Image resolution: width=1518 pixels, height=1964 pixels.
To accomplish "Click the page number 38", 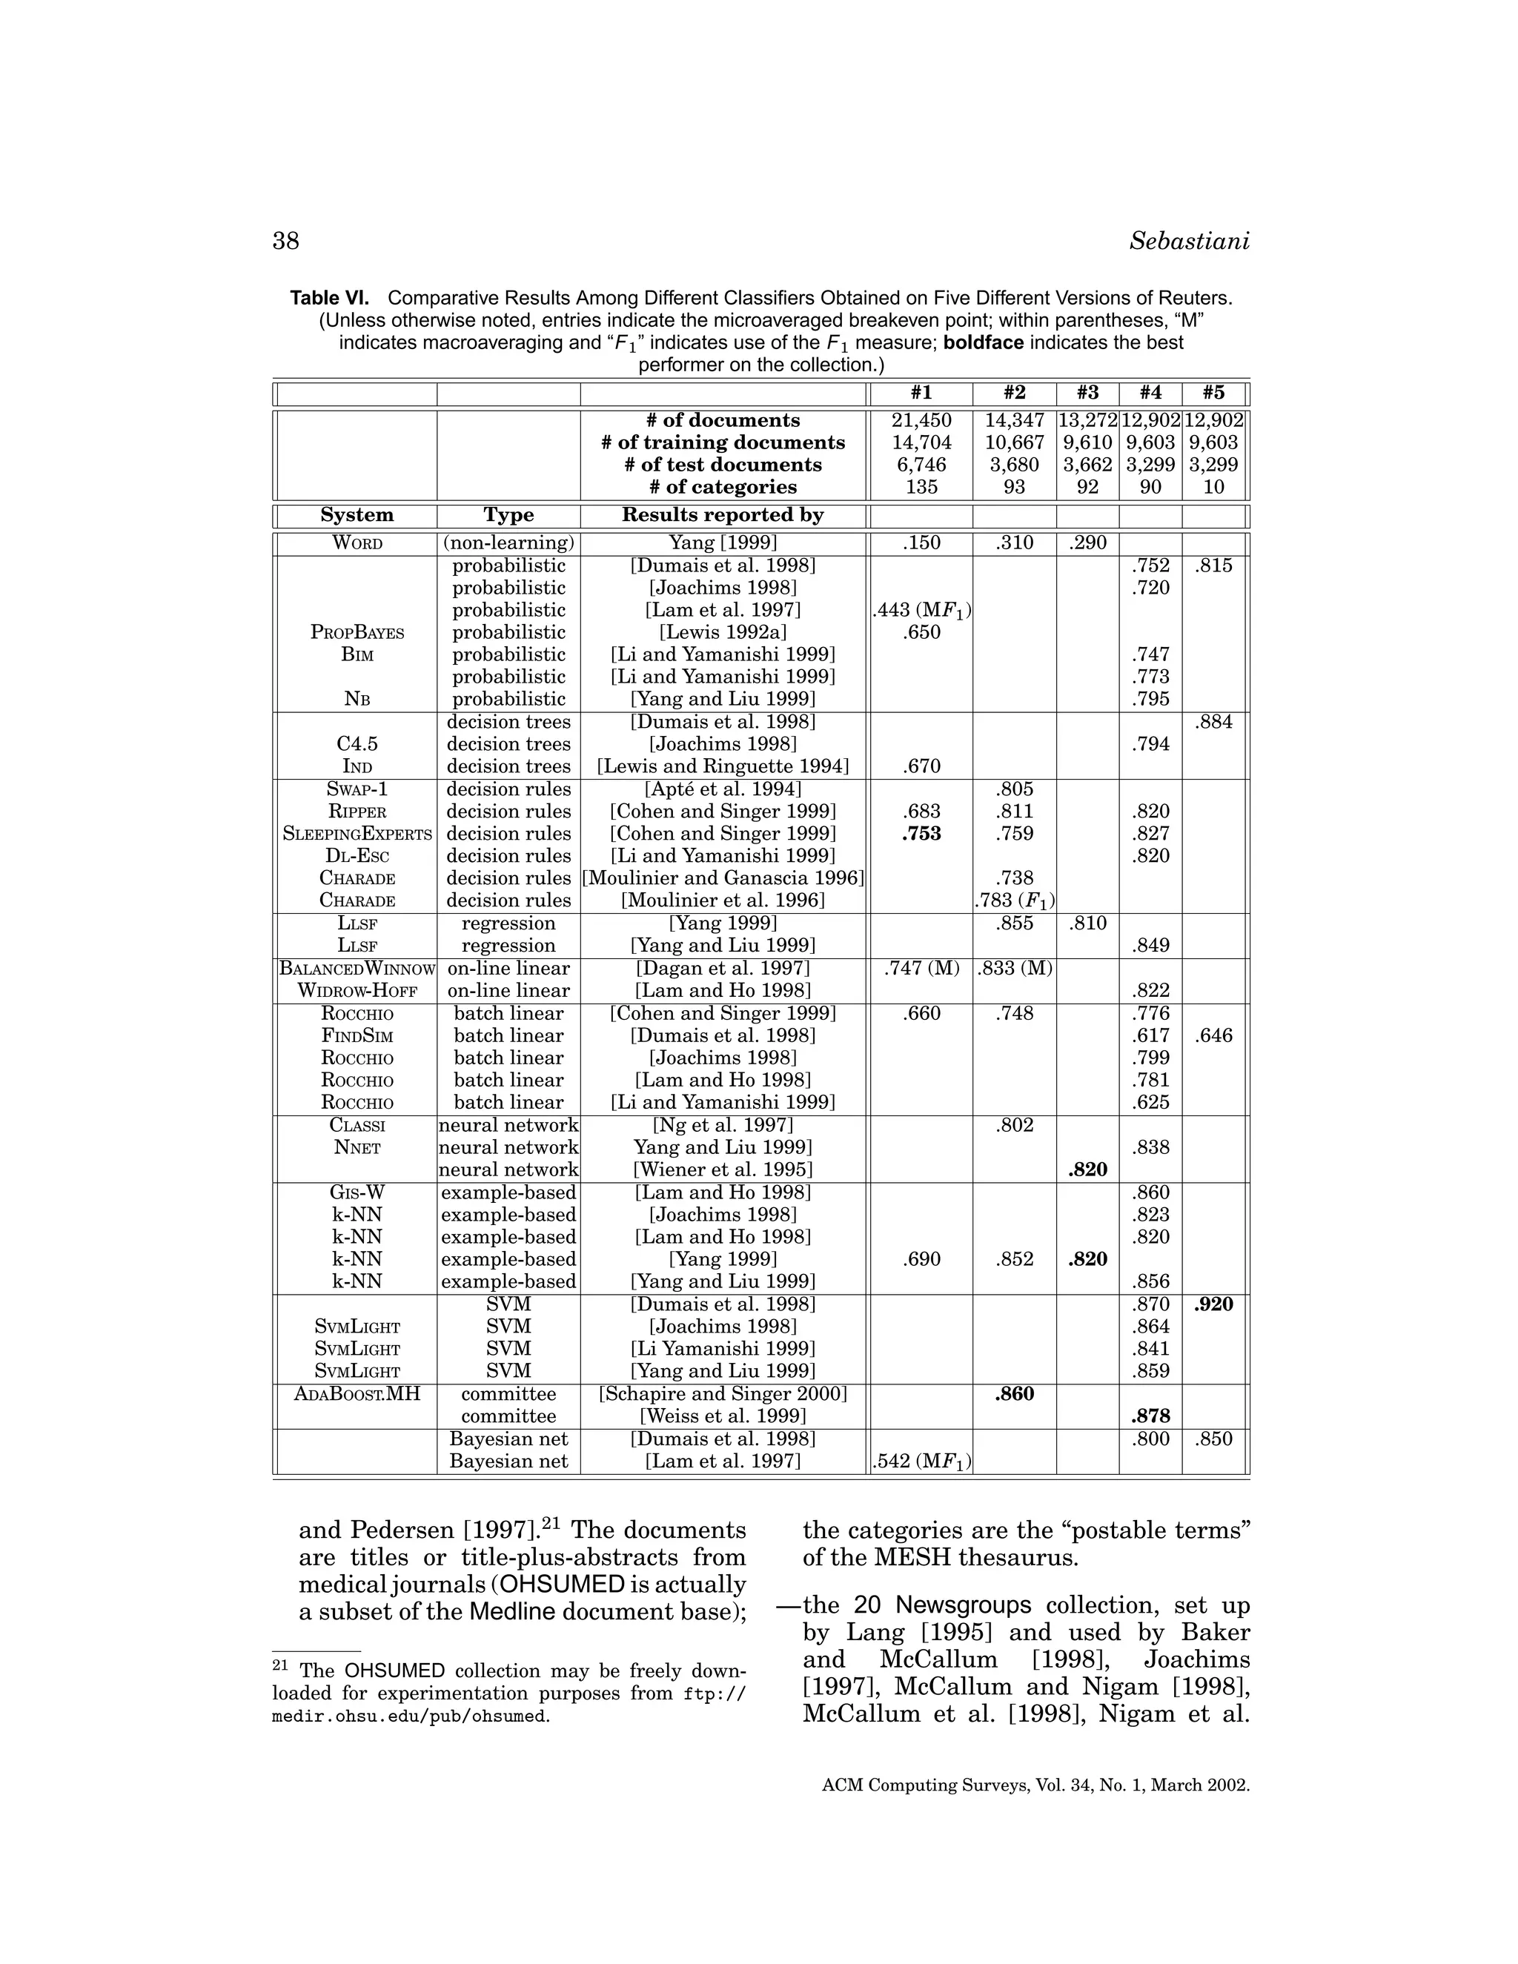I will (286, 241).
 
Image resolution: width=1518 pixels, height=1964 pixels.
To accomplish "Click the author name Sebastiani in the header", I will (1189, 241).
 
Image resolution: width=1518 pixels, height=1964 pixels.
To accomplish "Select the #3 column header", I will (1087, 393).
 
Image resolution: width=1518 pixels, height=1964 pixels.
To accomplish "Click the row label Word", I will (357, 543).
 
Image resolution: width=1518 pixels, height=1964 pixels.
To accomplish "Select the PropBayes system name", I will (357, 633).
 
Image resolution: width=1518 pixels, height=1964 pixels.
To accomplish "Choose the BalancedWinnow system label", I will (357, 969).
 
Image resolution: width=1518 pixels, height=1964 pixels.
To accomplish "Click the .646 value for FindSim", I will (1213, 1036).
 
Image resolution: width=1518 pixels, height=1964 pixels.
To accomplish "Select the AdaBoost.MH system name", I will (357, 1395).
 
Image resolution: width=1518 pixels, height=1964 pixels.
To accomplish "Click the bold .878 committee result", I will (1150, 1416).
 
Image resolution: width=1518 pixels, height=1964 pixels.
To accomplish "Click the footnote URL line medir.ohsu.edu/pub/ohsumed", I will (410, 1716).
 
